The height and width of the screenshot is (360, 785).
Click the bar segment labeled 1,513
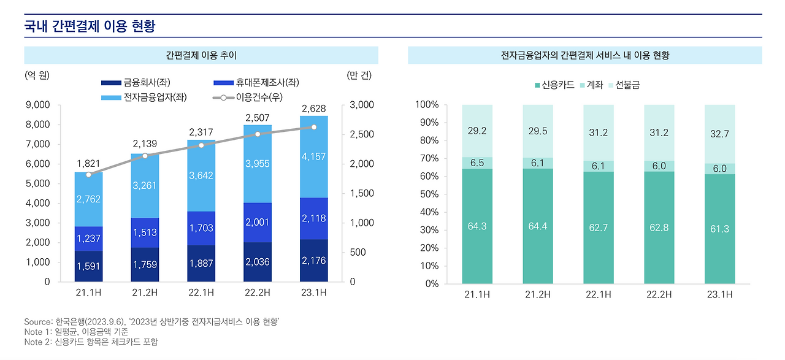[x=145, y=232]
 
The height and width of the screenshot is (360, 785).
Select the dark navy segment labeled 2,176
[x=314, y=261]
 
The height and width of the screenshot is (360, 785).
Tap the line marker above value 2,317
[x=201, y=145]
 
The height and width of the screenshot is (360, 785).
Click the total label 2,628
[x=314, y=109]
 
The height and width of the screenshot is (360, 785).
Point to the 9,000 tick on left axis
[x=39, y=105]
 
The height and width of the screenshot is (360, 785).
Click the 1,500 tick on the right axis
[x=361, y=193]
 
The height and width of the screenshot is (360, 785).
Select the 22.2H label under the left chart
[x=258, y=293]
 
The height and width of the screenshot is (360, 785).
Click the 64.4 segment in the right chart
[x=537, y=226]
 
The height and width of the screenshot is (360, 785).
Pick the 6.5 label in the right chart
[x=477, y=163]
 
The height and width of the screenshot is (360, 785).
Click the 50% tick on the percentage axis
[x=427, y=194]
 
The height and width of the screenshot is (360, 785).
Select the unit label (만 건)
[x=359, y=75]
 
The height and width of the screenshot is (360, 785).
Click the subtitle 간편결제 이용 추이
[x=201, y=55]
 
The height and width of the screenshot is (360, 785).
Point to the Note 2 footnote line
[x=95, y=342]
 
